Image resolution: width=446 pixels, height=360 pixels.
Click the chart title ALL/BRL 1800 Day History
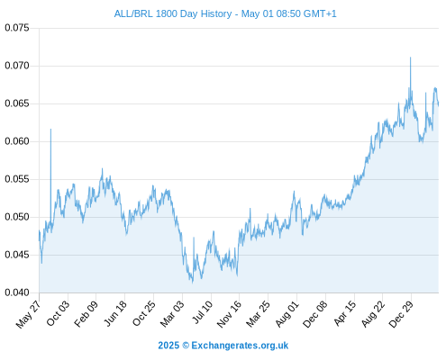click(173, 13)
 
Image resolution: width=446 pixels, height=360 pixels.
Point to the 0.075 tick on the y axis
click(17, 28)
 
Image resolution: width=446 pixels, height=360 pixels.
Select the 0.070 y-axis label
click(17, 66)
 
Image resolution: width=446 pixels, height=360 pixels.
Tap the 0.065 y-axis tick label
click(17, 103)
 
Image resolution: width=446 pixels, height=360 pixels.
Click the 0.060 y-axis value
click(17, 141)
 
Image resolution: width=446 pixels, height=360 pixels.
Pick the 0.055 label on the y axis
click(17, 179)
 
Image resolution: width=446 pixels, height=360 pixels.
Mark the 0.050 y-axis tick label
click(17, 217)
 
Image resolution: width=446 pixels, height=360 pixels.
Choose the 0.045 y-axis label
click(17, 255)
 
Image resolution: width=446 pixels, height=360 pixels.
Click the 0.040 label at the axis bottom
click(17, 292)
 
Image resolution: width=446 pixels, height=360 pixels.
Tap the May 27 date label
click(28, 314)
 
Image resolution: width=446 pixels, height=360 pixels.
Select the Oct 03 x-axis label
click(58, 313)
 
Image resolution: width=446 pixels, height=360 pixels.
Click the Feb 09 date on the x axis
click(86, 314)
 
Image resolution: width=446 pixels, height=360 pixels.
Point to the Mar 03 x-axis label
click(172, 314)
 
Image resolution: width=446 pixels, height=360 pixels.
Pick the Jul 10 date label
click(203, 312)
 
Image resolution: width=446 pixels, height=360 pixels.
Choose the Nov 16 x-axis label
click(229, 314)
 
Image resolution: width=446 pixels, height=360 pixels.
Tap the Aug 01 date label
click(287, 314)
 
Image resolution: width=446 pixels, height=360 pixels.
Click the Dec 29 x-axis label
click(401, 314)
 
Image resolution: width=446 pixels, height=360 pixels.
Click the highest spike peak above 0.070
click(410, 58)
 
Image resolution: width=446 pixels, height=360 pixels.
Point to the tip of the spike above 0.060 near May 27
click(50, 129)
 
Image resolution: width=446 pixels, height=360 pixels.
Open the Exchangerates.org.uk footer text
click(240, 346)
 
